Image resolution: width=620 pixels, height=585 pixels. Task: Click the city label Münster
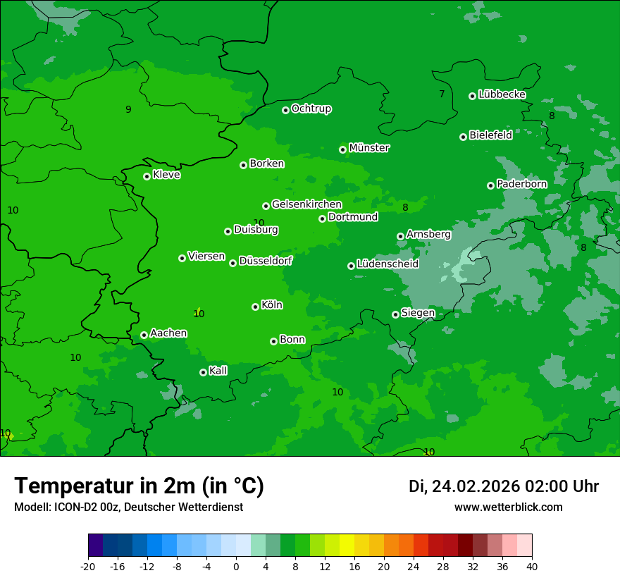point(369,148)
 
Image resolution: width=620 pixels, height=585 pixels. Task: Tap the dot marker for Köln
point(255,307)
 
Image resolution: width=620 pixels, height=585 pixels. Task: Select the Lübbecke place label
point(502,94)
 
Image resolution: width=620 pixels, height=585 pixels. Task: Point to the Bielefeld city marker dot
point(463,137)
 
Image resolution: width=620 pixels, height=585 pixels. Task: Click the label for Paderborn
point(521,184)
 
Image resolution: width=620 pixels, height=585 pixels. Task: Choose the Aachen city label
point(168,333)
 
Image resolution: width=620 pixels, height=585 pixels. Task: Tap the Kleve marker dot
point(147,176)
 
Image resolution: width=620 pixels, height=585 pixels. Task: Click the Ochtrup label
point(311,109)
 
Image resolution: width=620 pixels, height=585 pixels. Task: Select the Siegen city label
point(418,313)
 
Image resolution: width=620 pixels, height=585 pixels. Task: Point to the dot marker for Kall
point(203,372)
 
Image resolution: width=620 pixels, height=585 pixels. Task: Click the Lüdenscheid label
point(387,264)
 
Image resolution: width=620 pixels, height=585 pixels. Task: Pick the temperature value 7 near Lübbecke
point(442,94)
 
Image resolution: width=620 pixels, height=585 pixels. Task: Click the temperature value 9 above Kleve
point(128,109)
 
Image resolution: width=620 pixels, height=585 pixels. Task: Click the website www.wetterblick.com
point(508,507)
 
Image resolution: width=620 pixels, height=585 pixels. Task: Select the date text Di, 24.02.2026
point(464,486)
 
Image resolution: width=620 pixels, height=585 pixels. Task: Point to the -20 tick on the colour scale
point(88,567)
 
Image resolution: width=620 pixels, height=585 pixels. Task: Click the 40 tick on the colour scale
point(532,567)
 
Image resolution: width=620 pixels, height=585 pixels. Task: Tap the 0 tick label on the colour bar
point(236,567)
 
